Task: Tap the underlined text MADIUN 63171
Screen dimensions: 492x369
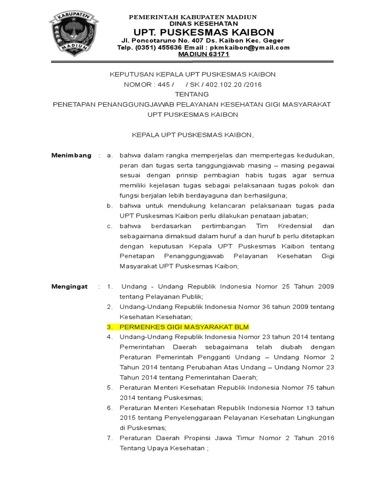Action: click(203, 55)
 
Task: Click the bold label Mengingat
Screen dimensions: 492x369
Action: click(70, 287)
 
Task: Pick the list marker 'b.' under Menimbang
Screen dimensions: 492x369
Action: click(110, 206)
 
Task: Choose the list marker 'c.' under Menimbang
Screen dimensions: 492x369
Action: click(110, 226)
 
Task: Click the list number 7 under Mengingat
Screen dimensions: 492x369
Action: click(110, 438)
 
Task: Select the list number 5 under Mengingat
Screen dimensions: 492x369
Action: click(110, 387)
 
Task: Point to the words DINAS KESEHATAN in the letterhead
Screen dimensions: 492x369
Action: click(204, 24)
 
